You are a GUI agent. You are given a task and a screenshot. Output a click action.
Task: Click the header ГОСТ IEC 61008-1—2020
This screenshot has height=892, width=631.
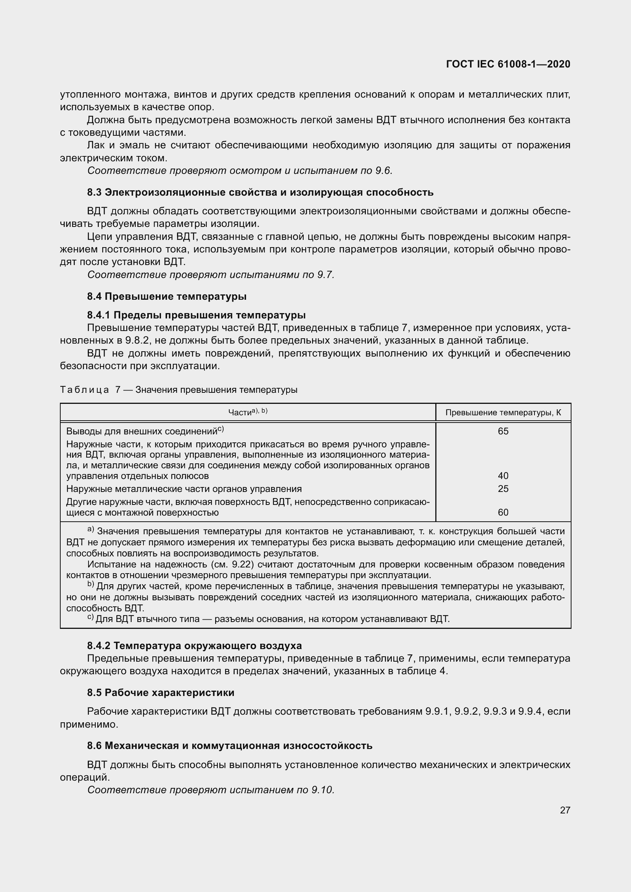click(508, 64)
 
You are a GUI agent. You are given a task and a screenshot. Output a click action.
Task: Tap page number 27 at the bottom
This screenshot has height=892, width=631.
click(565, 810)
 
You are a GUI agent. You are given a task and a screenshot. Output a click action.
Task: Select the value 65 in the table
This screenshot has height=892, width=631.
click(503, 431)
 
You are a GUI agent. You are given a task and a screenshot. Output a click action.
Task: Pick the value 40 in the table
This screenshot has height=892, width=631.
click(503, 476)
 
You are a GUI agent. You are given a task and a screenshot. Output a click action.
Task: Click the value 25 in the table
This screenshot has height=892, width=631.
click(503, 489)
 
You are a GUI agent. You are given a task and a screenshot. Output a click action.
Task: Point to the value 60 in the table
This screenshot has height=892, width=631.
click(503, 512)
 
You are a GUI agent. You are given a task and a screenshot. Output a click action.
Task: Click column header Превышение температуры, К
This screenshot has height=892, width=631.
click(503, 413)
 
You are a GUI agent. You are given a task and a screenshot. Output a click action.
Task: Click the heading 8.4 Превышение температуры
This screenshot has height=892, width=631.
click(167, 296)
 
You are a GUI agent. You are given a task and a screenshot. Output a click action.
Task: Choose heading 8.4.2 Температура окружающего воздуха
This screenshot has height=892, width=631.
click(194, 646)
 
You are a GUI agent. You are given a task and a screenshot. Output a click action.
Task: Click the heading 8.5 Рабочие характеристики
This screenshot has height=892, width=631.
click(161, 693)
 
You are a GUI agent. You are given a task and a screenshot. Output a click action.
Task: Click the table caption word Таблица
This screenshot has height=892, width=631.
click(84, 390)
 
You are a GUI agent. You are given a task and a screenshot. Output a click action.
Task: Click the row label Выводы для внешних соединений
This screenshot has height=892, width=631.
click(142, 431)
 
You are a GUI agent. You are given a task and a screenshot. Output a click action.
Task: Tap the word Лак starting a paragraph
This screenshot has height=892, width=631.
click(95, 145)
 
